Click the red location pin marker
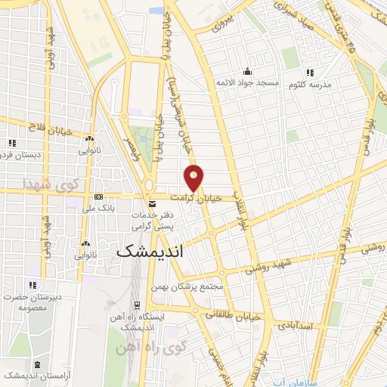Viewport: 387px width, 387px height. tap(194, 178)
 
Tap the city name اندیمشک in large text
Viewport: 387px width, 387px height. tap(151, 253)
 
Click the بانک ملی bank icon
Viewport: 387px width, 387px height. tap(98, 197)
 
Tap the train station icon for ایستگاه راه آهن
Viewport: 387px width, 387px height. tap(136, 305)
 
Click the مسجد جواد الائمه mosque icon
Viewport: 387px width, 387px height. tap(246, 73)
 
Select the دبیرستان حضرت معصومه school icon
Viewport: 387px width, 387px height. tap(33, 285)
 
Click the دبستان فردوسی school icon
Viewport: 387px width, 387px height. tap(11, 142)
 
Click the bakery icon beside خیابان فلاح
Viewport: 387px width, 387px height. tap(89, 139)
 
